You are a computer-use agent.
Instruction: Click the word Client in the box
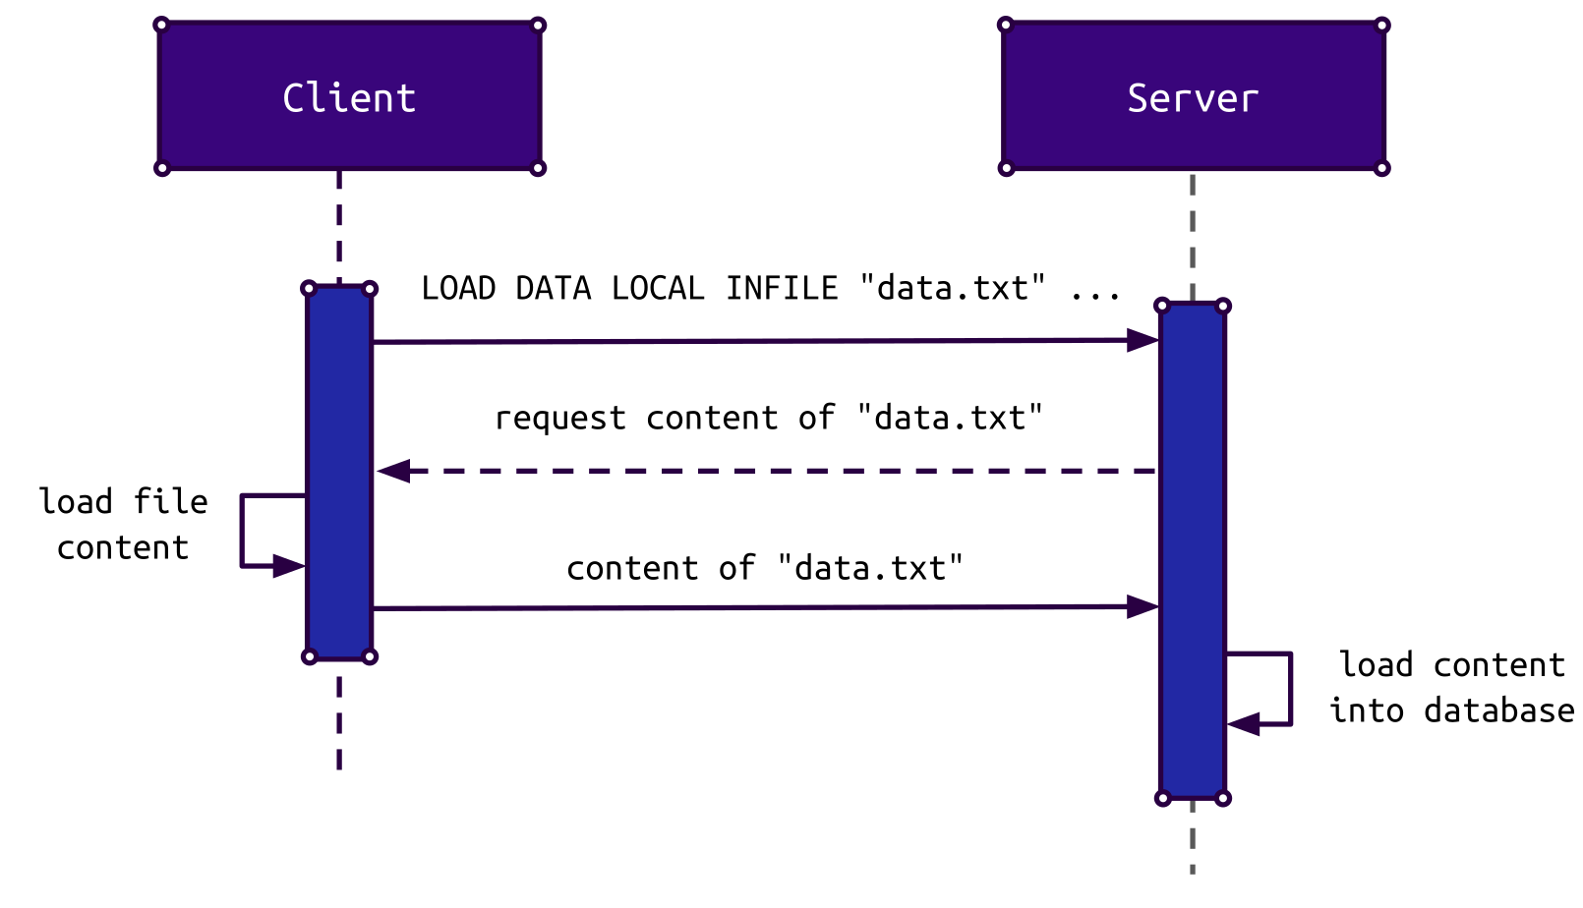click(349, 98)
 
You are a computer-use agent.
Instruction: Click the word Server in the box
click(1193, 98)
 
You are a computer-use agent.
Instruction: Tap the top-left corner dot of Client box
click(162, 25)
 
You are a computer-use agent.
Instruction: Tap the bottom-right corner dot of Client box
click(538, 168)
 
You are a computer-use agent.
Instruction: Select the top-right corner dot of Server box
click(1381, 25)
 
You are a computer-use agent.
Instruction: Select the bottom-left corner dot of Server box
click(1006, 168)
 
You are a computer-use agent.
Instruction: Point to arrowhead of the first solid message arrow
click(1143, 340)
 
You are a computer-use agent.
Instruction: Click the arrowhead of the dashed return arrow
click(393, 471)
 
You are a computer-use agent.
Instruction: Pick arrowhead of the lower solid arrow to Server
click(1143, 607)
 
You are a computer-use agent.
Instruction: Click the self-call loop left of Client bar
click(242, 531)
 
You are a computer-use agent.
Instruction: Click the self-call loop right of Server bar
click(1290, 688)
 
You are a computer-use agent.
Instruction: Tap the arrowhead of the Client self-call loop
click(288, 565)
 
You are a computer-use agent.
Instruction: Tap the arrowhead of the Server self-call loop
click(1244, 724)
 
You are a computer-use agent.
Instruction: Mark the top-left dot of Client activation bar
click(309, 289)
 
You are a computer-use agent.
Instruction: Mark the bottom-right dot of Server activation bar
click(1223, 798)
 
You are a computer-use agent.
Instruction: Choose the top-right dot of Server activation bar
click(1223, 306)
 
